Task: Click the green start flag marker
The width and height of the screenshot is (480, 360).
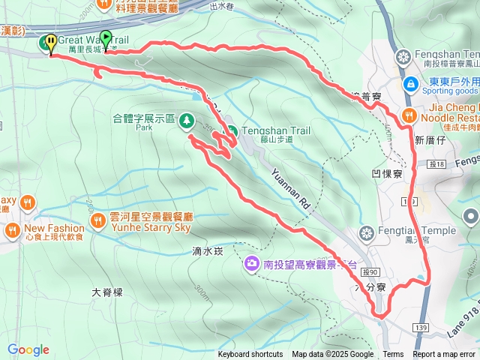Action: pos(106,37)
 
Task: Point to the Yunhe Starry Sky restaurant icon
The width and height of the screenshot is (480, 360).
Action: pos(98,220)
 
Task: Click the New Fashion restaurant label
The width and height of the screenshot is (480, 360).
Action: pos(54,228)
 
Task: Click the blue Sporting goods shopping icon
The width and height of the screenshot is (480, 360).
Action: pos(411,84)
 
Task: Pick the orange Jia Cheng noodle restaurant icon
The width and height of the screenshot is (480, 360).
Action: pos(409,115)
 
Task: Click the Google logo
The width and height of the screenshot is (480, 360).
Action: pos(28,349)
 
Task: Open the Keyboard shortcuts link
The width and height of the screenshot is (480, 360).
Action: pos(250,355)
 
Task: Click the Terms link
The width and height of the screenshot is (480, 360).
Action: pos(393,355)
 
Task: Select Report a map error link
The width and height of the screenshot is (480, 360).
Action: pos(444,355)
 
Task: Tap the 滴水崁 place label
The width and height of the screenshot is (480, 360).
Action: pos(208,251)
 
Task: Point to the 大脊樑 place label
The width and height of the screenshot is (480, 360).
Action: pos(106,292)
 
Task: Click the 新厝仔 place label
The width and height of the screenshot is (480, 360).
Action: pos(430,140)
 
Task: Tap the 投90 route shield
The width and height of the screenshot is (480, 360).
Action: pos(370,271)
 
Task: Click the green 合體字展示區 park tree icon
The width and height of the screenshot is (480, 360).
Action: pos(185,120)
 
